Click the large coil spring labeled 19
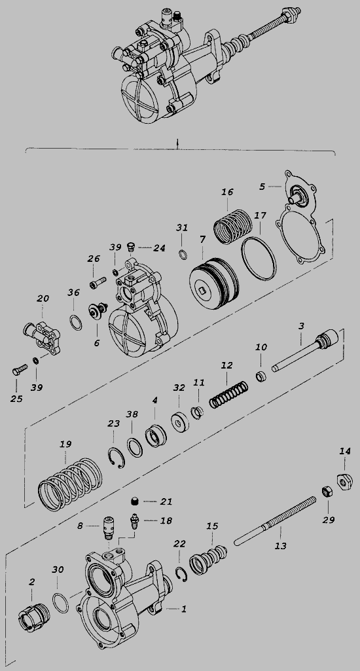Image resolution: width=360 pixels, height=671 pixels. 71,484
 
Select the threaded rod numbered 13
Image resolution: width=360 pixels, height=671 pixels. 276,521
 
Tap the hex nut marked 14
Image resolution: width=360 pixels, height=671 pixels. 344,482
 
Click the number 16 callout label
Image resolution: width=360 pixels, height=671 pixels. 227,192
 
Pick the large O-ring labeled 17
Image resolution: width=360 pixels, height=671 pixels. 259,258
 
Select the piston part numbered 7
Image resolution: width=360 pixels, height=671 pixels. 214,280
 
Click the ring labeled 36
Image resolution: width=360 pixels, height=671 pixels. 75,322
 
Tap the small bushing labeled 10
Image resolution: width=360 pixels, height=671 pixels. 262,377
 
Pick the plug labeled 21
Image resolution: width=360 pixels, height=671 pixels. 135,501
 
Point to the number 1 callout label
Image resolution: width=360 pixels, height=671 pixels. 184,609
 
